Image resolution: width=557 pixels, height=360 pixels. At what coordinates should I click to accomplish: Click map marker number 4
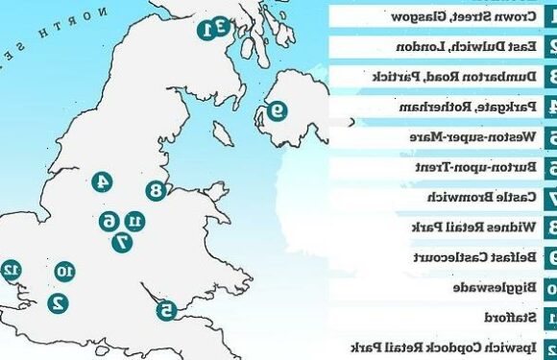[x=102, y=181]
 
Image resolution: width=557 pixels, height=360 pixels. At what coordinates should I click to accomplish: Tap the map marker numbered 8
[x=156, y=192]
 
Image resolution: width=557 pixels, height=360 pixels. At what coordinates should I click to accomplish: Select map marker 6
[x=109, y=221]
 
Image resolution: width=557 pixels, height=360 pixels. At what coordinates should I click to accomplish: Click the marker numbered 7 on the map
[x=122, y=243]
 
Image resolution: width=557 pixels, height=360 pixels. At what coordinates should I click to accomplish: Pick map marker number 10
[x=64, y=272]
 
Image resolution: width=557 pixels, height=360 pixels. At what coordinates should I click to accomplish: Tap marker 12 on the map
[x=12, y=269]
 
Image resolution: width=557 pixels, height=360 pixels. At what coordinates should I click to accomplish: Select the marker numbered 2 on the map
[x=58, y=301]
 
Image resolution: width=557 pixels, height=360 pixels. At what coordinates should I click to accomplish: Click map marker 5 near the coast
[x=166, y=309]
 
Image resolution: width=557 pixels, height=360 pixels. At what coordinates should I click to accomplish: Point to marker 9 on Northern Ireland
[x=276, y=110]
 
